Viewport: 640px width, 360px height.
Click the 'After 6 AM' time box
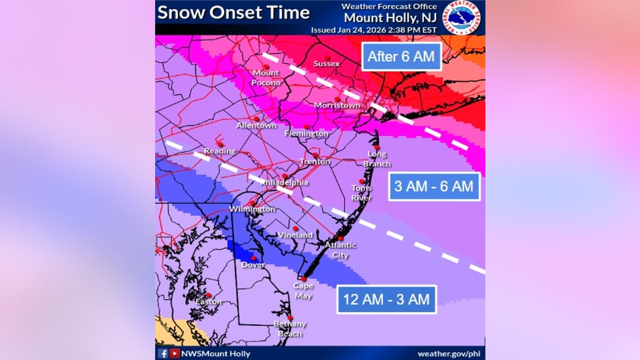click(401, 56)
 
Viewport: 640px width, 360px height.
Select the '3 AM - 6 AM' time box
click(434, 186)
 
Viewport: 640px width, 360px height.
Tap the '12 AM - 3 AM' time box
click(386, 299)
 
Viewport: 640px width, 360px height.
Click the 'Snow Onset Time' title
click(234, 12)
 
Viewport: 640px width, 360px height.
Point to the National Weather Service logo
click(463, 17)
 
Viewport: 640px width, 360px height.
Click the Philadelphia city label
click(284, 183)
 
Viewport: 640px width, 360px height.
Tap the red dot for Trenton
click(315, 155)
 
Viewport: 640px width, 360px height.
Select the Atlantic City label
click(341, 250)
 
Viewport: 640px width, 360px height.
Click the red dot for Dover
click(253, 258)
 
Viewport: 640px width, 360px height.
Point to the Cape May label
click(303, 290)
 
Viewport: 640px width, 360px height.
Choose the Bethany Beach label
click(290, 329)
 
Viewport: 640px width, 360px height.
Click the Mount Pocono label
click(266, 78)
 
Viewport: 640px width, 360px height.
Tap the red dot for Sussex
click(327, 57)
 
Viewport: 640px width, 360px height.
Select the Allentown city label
click(256, 125)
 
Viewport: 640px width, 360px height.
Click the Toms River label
click(362, 193)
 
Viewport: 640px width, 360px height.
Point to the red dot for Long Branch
click(377, 147)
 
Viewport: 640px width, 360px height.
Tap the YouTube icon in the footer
click(175, 354)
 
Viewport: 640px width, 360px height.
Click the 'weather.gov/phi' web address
click(449, 354)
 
